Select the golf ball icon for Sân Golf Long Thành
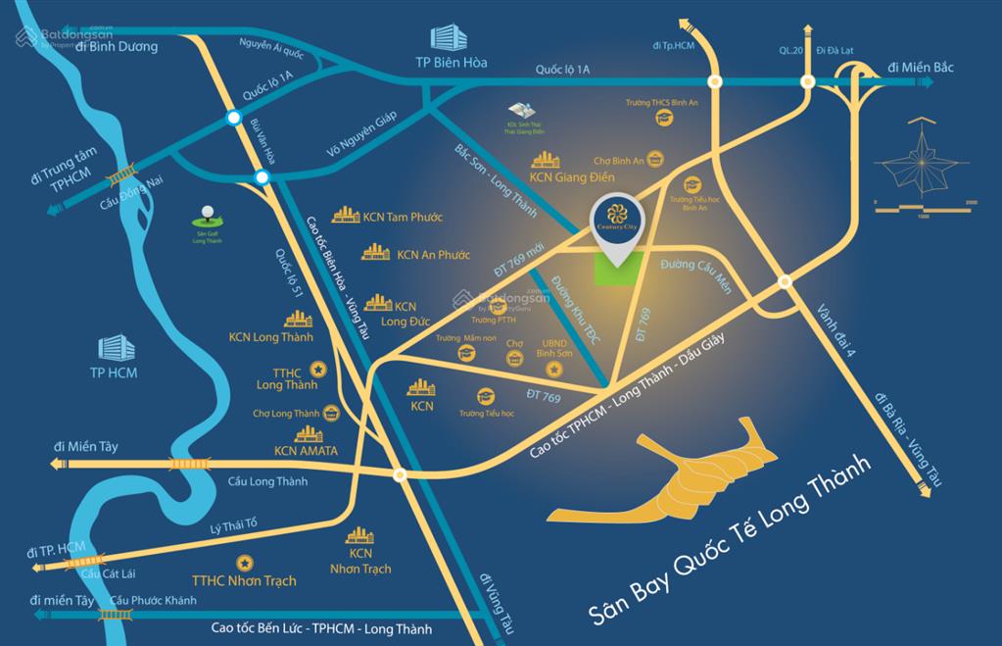pos(207,212)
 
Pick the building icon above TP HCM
pos(114,346)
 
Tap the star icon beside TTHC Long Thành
pos(317,369)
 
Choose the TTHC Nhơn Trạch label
pos(244,580)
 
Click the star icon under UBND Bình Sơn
pos(554,369)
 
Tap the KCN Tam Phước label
pos(396,217)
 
